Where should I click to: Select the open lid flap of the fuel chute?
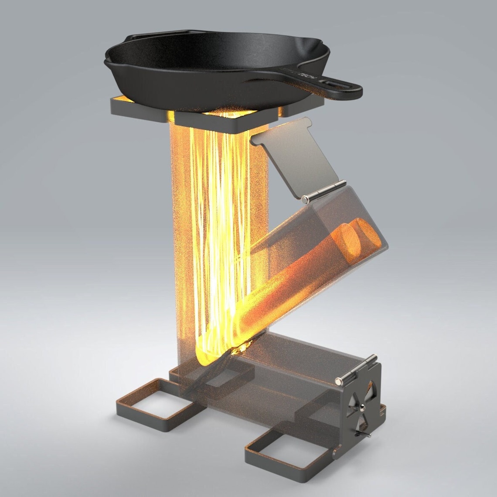pyautogui.click(x=296, y=157)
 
